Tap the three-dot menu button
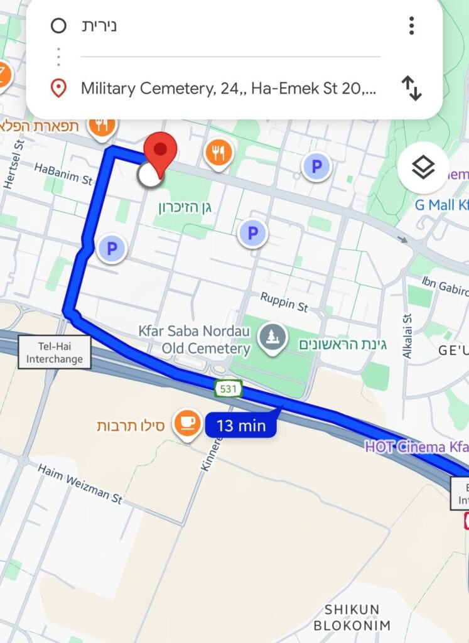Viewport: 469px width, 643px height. click(x=411, y=26)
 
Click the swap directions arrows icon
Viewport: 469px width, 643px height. click(x=411, y=89)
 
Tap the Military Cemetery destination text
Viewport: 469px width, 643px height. click(x=229, y=89)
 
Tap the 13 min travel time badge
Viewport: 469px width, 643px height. click(x=241, y=426)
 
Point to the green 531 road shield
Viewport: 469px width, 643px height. click(x=228, y=389)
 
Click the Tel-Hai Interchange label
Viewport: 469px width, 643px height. click(x=54, y=352)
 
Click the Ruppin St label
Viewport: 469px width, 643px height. click(x=284, y=305)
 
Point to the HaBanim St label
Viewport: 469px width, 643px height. click(x=63, y=174)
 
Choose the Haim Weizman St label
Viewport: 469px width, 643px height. click(x=80, y=484)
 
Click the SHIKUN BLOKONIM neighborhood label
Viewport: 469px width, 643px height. click(x=352, y=617)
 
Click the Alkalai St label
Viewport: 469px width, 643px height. click(x=407, y=337)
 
